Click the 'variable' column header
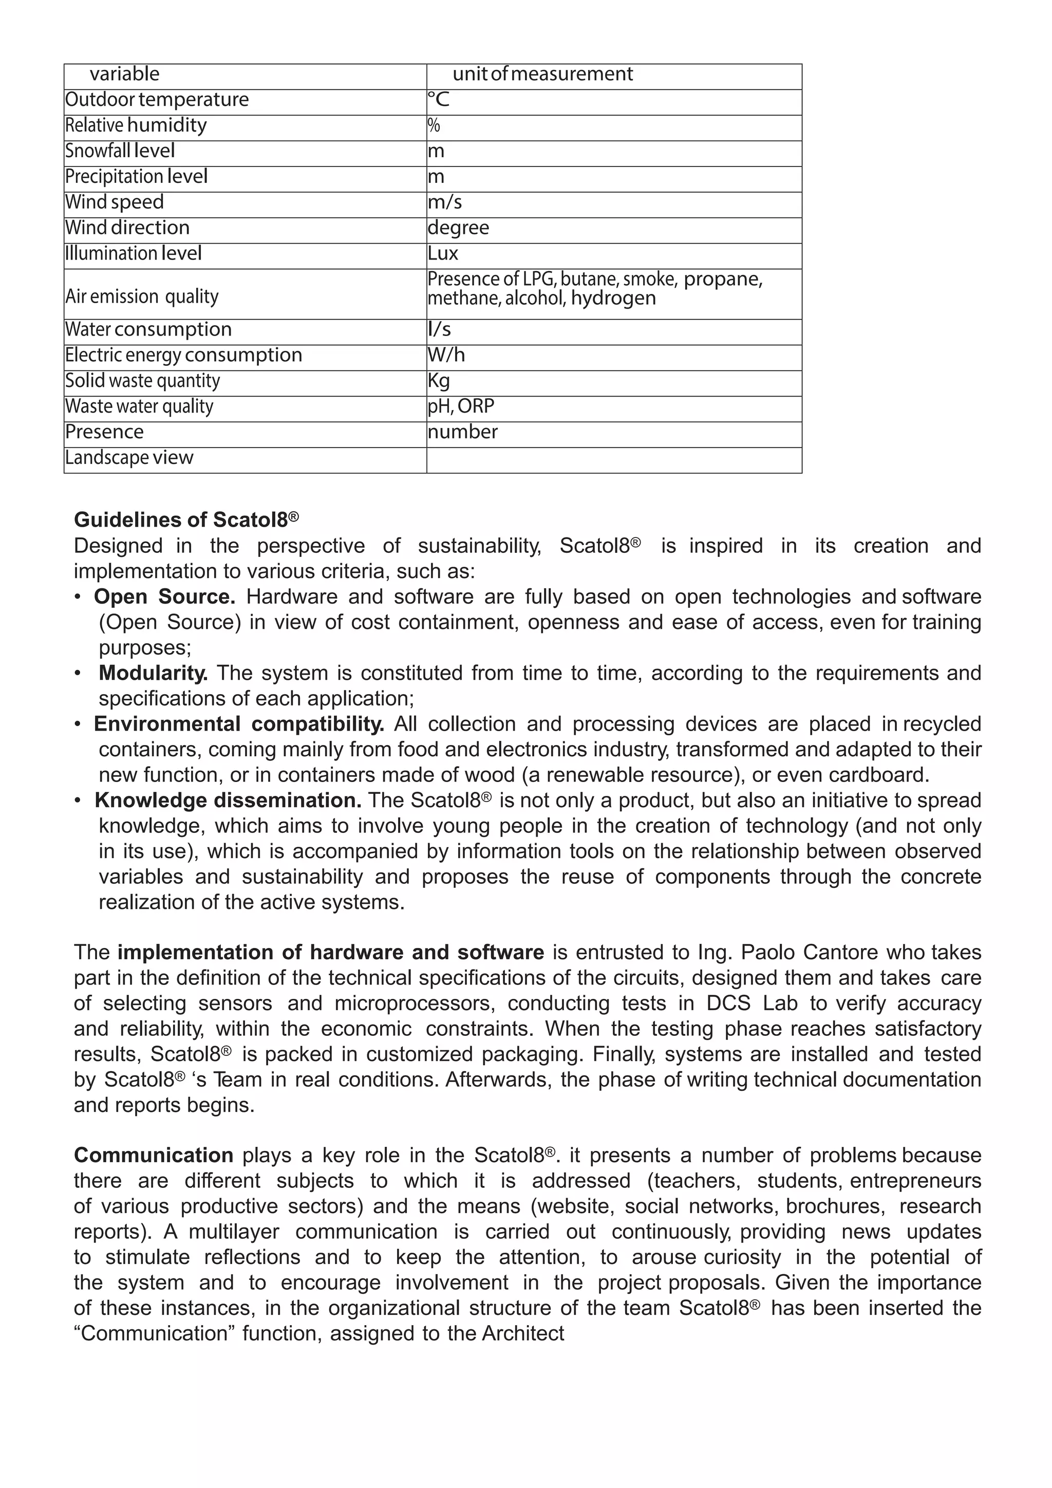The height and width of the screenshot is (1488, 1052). [124, 75]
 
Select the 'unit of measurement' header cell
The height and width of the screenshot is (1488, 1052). [542, 75]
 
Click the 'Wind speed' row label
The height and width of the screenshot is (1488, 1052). [115, 202]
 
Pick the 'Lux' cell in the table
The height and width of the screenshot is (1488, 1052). [443, 253]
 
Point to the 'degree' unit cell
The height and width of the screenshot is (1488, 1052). [458, 228]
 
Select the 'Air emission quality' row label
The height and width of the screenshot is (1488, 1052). [142, 297]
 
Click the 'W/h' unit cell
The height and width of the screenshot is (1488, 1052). [446, 355]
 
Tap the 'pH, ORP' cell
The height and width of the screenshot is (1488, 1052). [461, 406]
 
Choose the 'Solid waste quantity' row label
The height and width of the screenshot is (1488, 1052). [142, 381]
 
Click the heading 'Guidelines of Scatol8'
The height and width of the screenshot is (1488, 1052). [186, 520]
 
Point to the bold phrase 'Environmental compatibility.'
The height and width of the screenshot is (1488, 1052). [239, 724]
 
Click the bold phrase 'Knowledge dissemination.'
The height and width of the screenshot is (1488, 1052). [228, 801]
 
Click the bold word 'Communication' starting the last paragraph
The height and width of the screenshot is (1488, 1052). [154, 1156]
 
